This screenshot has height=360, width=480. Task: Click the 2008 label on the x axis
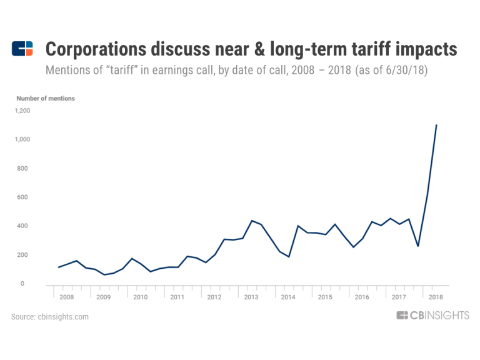pos(66,297)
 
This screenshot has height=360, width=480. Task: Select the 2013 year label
pos(251,297)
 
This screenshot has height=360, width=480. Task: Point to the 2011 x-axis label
pos(177,297)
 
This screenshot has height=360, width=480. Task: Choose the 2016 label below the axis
pos(361,297)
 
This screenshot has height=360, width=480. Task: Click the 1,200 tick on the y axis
pos(23,111)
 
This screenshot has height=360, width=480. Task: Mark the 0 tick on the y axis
pos(22,284)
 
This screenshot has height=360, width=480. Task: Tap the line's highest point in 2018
pos(436,125)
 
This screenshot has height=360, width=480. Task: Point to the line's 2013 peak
pos(252,221)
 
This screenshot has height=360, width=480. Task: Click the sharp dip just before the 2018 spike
pos(418,246)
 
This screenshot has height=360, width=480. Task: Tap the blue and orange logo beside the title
pos(22,48)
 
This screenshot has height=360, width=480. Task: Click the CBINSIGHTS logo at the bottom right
pos(432,316)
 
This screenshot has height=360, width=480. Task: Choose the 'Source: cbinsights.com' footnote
pos(50,317)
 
